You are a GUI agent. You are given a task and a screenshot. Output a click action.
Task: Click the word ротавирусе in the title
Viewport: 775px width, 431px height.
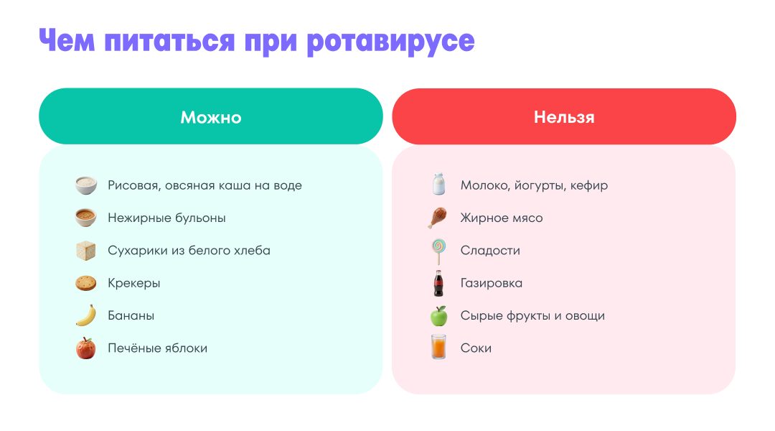[390, 42]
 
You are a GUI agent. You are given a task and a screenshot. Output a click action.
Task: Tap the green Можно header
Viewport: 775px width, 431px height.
[211, 116]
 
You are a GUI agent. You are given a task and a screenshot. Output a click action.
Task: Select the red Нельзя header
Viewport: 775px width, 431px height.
[564, 116]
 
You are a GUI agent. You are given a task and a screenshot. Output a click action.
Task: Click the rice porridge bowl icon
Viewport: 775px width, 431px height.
[86, 185]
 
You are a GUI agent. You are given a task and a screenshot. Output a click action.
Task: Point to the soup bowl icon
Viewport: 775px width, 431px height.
[86, 218]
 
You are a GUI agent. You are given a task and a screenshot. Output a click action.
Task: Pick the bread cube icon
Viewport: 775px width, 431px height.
[86, 251]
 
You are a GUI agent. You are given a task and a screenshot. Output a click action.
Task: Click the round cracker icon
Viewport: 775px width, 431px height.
[86, 283]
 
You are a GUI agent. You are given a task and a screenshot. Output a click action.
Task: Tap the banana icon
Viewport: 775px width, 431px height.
[86, 315]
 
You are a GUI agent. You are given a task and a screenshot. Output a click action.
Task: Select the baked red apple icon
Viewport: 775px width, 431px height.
[86, 348]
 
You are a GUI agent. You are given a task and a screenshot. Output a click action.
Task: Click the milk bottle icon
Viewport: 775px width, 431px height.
[438, 184]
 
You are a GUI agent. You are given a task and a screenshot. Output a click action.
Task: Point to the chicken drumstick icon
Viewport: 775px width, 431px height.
[438, 218]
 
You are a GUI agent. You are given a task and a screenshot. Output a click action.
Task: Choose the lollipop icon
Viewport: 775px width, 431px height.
[438, 251]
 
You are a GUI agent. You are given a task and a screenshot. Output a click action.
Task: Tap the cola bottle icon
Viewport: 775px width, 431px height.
[438, 284]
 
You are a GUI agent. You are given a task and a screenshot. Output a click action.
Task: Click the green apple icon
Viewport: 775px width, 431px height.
[438, 315]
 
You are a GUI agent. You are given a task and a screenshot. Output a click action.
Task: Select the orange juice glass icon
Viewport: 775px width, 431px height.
[438, 346]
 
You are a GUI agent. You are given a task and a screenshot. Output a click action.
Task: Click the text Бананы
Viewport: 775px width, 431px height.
[131, 315]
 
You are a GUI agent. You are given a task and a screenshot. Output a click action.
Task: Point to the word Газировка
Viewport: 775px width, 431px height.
[492, 283]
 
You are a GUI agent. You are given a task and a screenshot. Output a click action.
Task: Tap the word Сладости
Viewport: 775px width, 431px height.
[490, 251]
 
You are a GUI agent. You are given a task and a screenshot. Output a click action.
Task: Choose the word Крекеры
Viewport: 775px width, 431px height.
[134, 284]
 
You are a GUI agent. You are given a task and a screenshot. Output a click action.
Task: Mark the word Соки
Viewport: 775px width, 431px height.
[476, 348]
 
